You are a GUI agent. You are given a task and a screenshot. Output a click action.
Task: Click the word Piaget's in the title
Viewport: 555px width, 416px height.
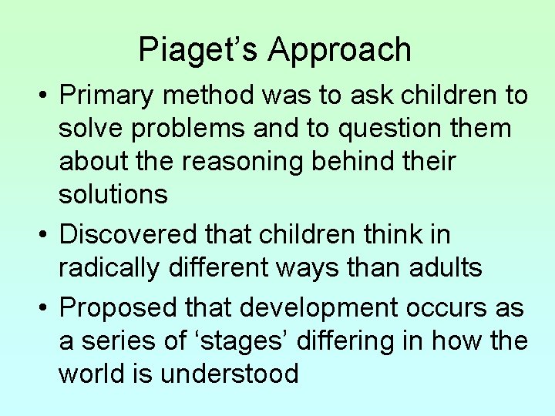pyautogui.click(x=199, y=50)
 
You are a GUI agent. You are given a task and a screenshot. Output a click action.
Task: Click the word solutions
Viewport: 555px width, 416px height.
pyautogui.click(x=113, y=194)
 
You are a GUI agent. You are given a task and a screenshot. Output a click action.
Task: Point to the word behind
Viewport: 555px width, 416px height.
pyautogui.click(x=370, y=162)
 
